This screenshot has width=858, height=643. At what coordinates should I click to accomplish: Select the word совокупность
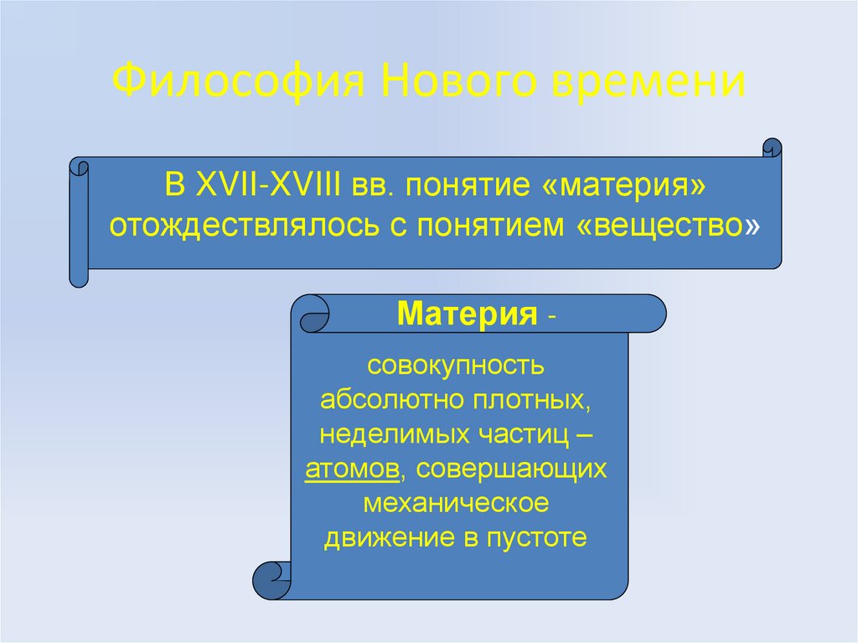point(456,366)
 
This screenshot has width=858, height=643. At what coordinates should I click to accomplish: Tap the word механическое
point(456,504)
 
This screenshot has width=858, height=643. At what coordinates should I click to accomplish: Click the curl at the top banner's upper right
point(772,148)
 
